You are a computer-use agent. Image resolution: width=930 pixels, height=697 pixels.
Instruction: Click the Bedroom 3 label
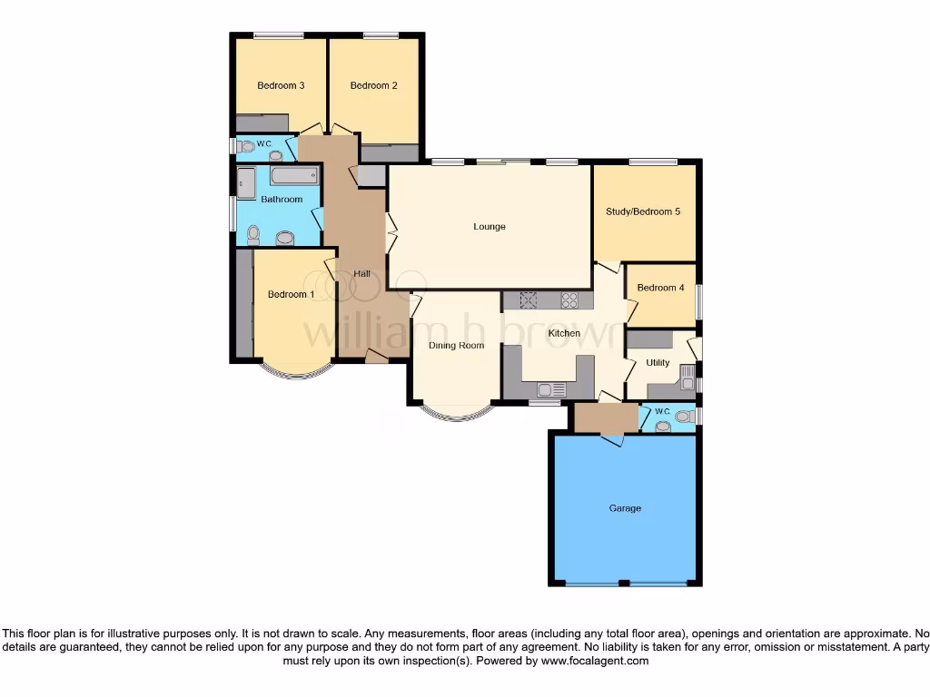280,86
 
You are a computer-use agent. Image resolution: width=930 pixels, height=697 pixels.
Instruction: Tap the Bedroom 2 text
373,86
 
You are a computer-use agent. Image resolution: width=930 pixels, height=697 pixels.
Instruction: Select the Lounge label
489,227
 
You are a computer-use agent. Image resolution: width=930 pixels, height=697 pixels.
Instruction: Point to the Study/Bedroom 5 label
643,212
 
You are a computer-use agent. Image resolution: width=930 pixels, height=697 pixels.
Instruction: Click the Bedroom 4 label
660,289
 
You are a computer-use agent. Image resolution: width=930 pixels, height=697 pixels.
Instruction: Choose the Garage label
625,508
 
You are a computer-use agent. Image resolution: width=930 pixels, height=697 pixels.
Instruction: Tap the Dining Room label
456,346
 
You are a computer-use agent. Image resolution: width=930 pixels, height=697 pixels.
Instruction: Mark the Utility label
658,363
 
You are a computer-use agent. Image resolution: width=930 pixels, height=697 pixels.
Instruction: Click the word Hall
361,274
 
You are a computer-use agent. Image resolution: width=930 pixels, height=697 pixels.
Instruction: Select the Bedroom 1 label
291,294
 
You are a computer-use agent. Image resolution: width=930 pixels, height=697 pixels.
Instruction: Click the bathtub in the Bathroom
293,175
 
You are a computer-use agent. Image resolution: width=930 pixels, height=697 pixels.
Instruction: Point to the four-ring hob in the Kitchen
570,299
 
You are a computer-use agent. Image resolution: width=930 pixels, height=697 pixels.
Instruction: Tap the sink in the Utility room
687,371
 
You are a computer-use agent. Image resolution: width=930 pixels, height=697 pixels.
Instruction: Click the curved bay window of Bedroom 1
292,371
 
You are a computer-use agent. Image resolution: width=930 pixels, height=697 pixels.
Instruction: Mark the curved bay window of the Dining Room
456,415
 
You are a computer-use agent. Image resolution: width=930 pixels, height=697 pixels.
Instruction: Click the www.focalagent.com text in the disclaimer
594,662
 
